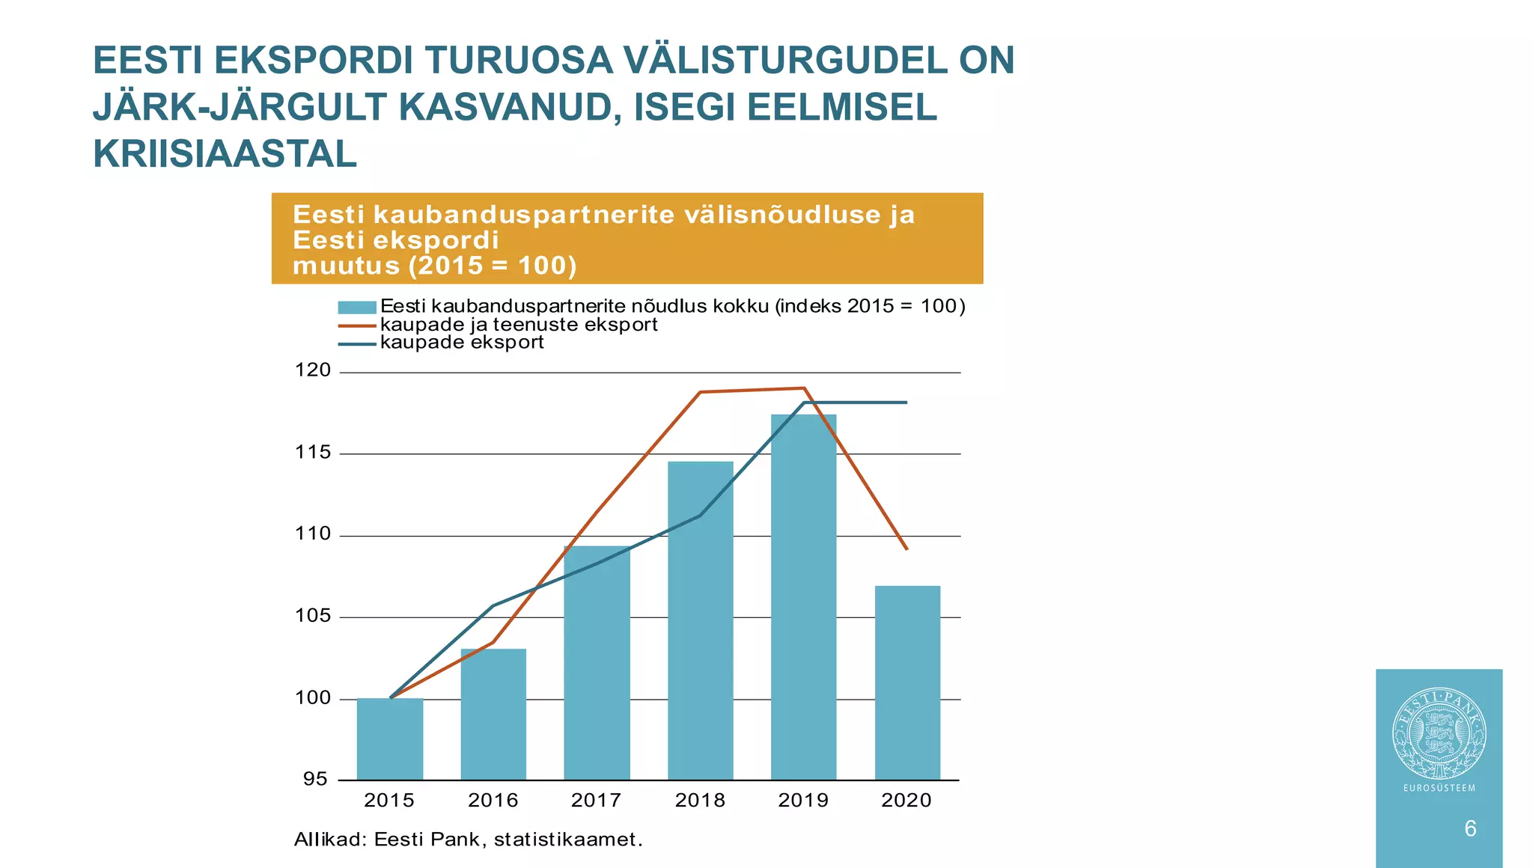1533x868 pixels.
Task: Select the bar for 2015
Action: coord(390,739)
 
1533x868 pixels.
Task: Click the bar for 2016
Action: coord(493,714)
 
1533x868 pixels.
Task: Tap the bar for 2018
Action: coord(701,620)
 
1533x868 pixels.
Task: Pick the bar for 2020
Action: coord(907,682)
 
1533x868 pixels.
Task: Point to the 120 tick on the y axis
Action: coord(313,370)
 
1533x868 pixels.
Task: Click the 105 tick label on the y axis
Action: coord(313,616)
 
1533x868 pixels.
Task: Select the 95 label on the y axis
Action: coord(315,779)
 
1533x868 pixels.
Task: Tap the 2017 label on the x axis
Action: coord(597,801)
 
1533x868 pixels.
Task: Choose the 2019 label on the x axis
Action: coord(803,801)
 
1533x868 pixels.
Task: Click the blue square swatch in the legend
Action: coord(356,307)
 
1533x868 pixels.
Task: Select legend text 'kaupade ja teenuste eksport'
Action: coord(519,325)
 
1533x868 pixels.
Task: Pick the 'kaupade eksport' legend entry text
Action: coord(462,343)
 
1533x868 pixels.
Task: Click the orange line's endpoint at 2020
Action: coord(906,549)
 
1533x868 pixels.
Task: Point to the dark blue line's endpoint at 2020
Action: coord(906,403)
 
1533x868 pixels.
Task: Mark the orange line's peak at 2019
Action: coord(804,388)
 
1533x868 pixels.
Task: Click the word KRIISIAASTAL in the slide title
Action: coord(225,154)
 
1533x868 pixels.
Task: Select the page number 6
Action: coord(1470,828)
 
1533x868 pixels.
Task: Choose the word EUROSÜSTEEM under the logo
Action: coord(1439,788)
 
